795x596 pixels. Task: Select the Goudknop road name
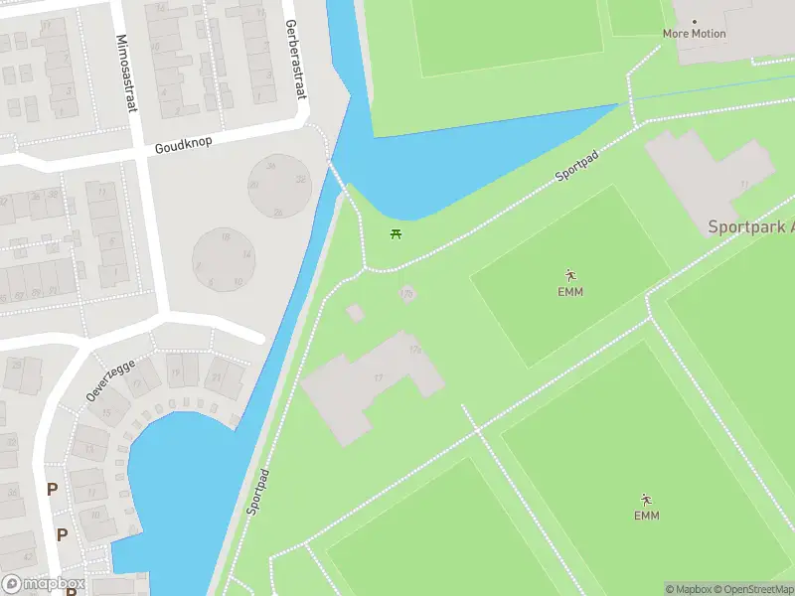point(183,144)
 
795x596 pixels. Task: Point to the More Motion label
point(694,34)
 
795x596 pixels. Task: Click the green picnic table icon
point(397,234)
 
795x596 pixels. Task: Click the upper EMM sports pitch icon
point(570,275)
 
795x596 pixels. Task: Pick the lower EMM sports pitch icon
point(646,500)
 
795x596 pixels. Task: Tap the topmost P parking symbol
point(52,489)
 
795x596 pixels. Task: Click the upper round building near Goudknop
point(278,186)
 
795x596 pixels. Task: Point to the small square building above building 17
point(355,313)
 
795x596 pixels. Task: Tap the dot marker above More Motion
point(694,21)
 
